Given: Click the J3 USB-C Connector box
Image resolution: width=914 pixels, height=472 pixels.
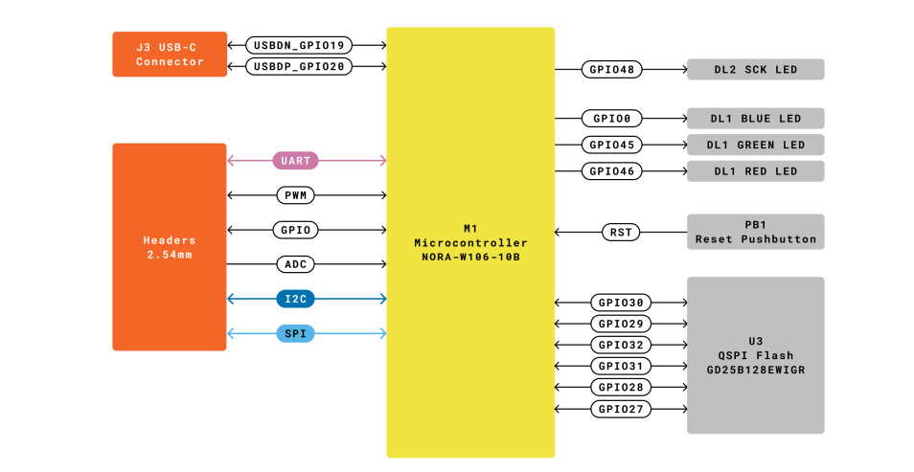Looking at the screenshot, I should (x=170, y=55).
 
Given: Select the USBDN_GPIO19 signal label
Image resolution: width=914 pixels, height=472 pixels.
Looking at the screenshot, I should (x=300, y=45).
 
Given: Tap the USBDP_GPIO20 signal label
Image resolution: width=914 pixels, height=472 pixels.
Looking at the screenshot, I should (x=300, y=67).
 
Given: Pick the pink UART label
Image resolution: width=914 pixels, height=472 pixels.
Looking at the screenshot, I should (x=295, y=161).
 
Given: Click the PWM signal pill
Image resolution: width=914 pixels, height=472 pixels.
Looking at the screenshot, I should (x=295, y=195).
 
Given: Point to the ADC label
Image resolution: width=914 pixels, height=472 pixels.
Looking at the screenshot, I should (x=295, y=264).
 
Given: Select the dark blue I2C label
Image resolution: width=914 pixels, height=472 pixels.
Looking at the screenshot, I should (x=295, y=299).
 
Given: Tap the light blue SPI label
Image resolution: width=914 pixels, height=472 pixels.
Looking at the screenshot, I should (x=295, y=333).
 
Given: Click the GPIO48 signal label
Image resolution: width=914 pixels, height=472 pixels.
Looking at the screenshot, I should (x=611, y=69).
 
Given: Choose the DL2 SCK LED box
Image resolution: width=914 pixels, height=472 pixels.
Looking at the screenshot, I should (x=755, y=69).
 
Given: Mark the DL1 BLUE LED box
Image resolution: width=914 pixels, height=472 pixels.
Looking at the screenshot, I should (x=755, y=119).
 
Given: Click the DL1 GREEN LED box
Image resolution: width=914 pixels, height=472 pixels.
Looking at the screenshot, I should (x=755, y=145).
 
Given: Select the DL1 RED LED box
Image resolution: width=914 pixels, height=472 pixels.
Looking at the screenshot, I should (x=755, y=171).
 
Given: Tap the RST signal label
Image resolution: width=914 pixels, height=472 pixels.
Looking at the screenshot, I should (x=620, y=232).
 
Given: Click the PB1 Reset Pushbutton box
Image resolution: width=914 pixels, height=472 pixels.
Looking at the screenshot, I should (x=755, y=232).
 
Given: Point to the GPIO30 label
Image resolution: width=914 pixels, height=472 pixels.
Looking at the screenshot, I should (x=621, y=303).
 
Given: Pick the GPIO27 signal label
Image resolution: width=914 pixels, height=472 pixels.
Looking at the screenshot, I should (x=621, y=409).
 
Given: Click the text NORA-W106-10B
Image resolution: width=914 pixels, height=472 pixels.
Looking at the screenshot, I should (x=469, y=258).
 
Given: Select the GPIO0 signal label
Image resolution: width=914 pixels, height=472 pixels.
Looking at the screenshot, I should (x=611, y=119).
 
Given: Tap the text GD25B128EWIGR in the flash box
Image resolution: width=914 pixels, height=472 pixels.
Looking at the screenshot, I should (x=755, y=369).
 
